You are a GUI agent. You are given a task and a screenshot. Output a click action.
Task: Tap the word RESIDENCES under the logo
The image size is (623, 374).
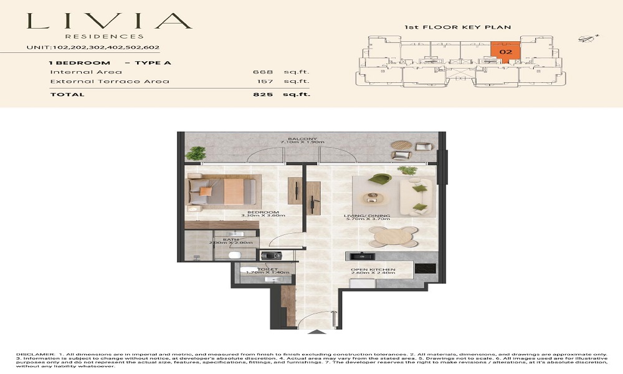tap(109, 36)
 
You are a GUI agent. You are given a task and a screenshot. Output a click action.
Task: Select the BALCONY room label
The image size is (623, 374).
tap(298, 139)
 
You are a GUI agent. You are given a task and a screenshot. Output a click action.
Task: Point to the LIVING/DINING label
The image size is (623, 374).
tap(367, 216)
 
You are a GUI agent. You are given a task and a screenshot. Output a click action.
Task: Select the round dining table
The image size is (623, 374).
tap(393, 237)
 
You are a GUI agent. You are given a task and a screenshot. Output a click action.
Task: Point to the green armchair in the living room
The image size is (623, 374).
tap(378, 180)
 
